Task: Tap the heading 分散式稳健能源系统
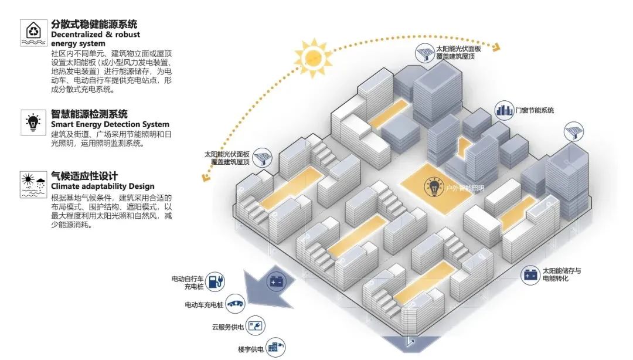click(x=94, y=24)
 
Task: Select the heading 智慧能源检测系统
click(x=89, y=114)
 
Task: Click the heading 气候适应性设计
click(x=84, y=176)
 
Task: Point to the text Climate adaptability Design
click(x=93, y=186)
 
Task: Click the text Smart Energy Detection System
click(x=110, y=124)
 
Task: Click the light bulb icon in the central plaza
click(x=434, y=188)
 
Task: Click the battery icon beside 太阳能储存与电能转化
click(x=531, y=274)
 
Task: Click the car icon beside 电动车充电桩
click(x=236, y=304)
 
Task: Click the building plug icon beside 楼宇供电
click(x=274, y=348)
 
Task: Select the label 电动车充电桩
click(x=204, y=305)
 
